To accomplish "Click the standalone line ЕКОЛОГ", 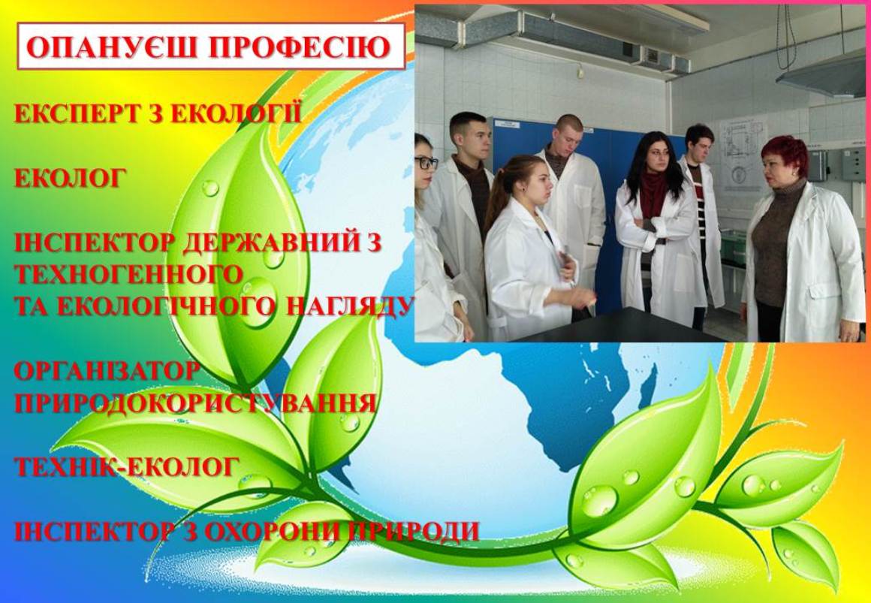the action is point(69,179).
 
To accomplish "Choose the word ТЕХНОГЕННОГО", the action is point(129,275).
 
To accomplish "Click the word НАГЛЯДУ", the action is point(350,306).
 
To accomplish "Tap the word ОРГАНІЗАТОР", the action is point(106,371).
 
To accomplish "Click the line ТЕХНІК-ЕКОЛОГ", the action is point(127,467).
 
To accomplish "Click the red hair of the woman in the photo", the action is point(785,153).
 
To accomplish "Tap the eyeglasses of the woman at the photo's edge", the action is point(426,163).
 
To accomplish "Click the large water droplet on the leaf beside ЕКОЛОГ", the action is point(210,188).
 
